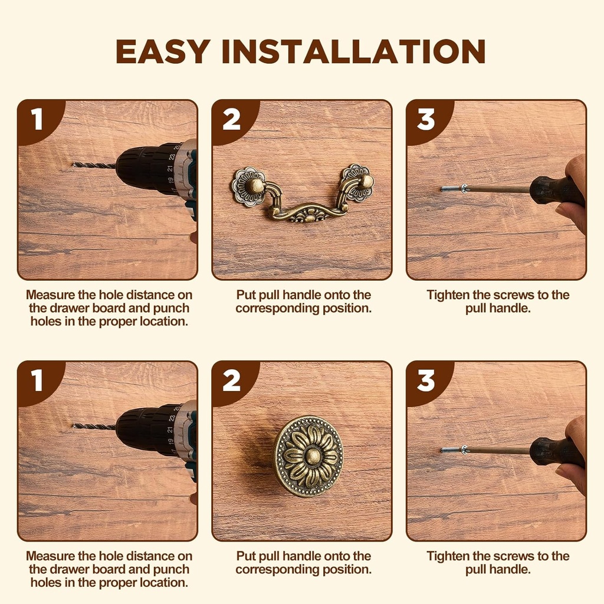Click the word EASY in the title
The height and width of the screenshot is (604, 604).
coord(163,52)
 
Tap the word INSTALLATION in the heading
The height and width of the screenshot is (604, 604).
coord(353,52)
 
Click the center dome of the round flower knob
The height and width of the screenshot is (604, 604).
coord(308,456)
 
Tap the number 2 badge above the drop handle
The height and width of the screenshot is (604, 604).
coord(231,120)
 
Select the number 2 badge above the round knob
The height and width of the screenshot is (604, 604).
coord(231,381)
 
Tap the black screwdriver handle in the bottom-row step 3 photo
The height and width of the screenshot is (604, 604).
coord(554,452)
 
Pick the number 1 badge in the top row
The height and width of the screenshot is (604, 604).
coord(37,120)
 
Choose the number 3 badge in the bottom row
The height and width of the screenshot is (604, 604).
coord(426,381)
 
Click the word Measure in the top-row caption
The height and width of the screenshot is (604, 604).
coord(51,295)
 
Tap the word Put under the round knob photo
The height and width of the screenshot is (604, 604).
coord(247,556)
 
